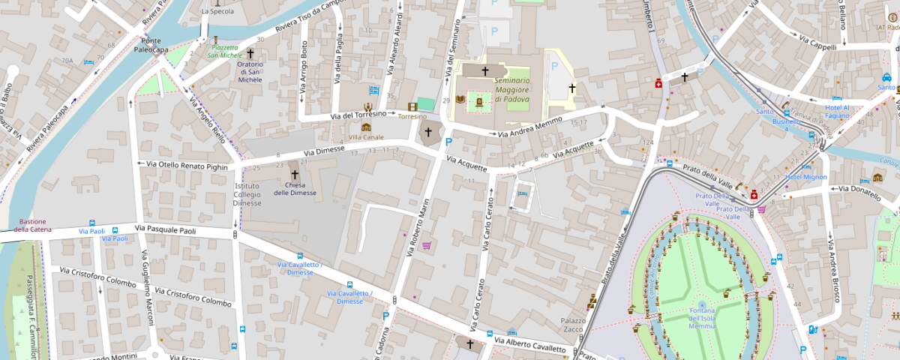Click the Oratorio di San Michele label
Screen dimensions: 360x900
(250, 71)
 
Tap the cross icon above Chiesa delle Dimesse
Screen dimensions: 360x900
(295, 174)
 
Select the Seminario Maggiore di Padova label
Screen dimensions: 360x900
(512, 89)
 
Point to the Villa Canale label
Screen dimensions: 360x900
(367, 137)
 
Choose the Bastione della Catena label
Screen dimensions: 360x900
(32, 225)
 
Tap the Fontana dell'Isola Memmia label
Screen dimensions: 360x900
(702, 318)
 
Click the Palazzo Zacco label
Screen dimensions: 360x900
(571, 325)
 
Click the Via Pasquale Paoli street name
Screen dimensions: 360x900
(166, 229)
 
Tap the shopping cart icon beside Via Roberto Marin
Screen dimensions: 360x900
(427, 244)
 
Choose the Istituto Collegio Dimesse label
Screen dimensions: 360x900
(247, 194)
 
